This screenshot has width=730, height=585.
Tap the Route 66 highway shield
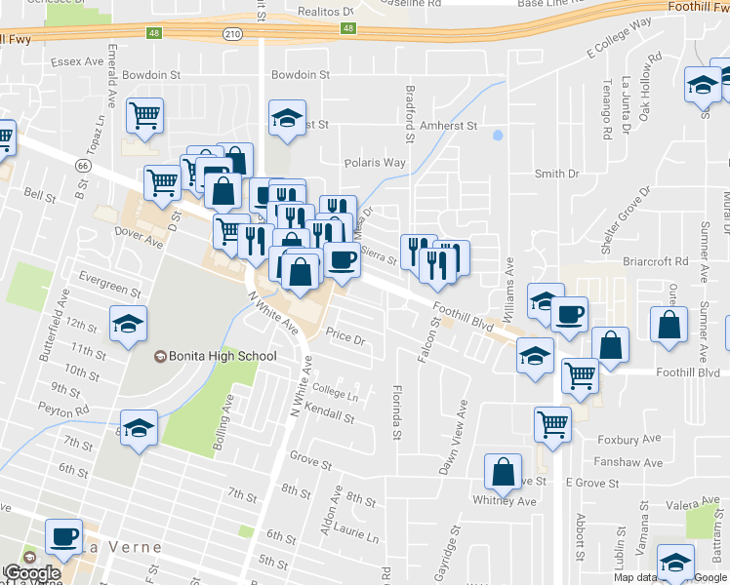[x=84, y=167]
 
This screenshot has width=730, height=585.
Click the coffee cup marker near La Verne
[x=64, y=535]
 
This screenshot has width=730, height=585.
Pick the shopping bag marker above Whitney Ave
[x=503, y=472]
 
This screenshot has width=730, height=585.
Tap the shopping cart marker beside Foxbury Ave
[x=552, y=424]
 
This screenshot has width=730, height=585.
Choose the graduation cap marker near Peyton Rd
[x=140, y=428]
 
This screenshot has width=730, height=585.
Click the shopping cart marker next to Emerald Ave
[x=144, y=116]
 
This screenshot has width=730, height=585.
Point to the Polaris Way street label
[x=375, y=163]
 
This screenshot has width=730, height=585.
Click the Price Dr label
[x=345, y=340]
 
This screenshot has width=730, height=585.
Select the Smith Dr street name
[x=556, y=174]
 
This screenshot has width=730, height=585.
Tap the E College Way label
[x=619, y=37]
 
